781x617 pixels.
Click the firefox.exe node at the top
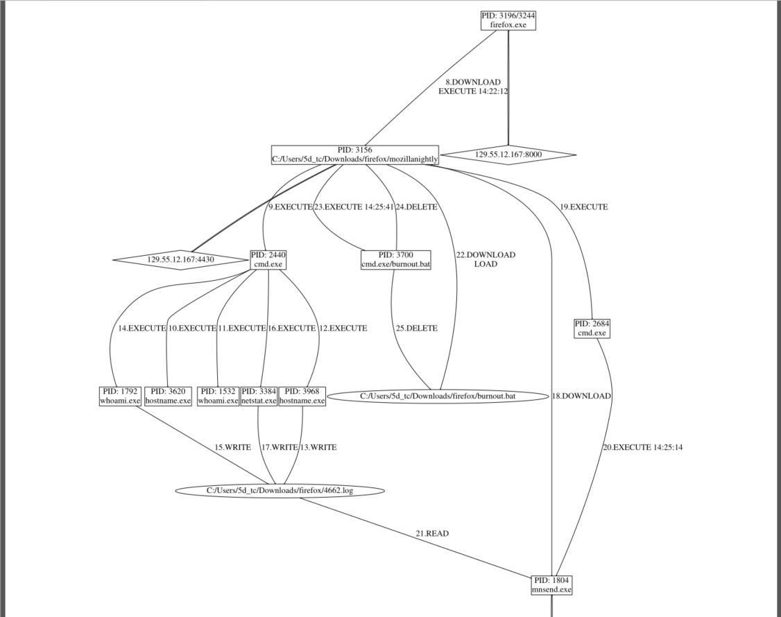(x=508, y=20)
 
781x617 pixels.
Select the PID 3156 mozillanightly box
(x=356, y=155)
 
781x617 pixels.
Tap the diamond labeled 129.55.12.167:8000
(x=508, y=155)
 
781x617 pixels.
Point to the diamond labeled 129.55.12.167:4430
(x=180, y=260)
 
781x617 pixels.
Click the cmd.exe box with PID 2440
(x=268, y=259)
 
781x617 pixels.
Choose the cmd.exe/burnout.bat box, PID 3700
(x=396, y=259)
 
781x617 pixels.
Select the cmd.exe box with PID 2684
(x=592, y=328)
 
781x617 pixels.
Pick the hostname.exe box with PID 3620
(x=168, y=396)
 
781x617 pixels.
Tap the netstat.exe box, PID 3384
(x=259, y=396)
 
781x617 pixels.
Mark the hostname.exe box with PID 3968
(x=302, y=396)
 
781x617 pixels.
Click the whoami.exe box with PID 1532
(x=218, y=396)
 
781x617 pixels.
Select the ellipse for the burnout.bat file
(x=437, y=397)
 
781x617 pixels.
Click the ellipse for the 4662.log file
(x=280, y=491)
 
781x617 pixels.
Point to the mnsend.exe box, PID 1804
(x=552, y=584)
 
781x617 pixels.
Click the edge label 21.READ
(x=432, y=534)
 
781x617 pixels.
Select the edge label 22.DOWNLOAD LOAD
(x=486, y=259)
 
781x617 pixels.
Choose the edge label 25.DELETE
(x=416, y=328)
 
